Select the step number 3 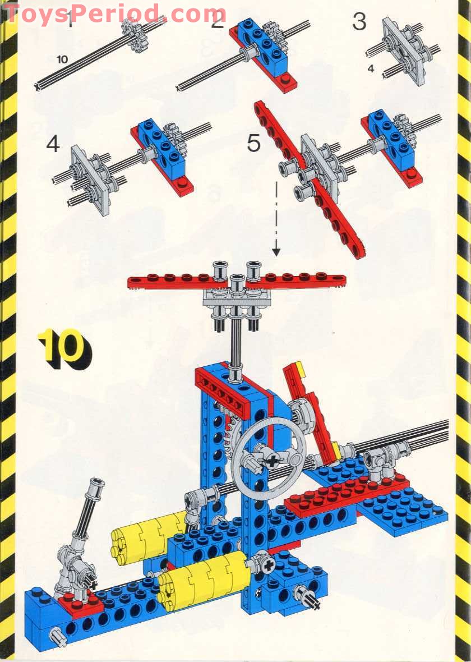359,22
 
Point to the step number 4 53,144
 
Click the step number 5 253,143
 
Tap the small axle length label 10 62,59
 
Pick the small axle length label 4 371,68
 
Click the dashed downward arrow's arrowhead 276,252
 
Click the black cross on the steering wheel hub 273,461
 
